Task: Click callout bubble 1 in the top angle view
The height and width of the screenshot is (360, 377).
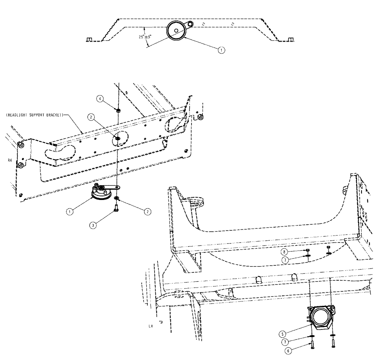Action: point(222,49)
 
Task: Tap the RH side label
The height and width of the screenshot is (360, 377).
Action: point(9,160)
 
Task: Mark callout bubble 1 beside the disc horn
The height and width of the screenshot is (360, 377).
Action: point(70,212)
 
